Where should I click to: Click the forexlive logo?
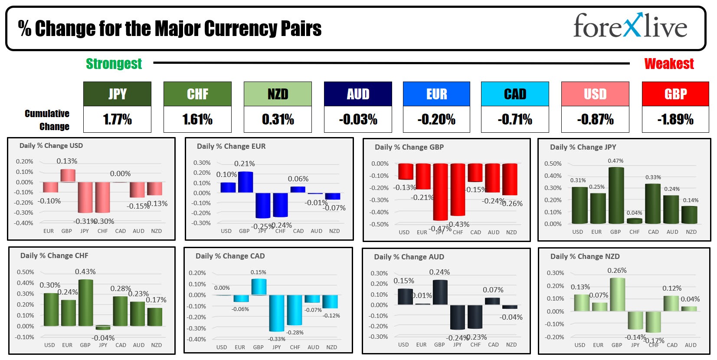point(630,26)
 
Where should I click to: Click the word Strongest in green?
point(114,64)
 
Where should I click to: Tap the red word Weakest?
point(669,64)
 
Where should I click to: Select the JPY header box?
point(117,94)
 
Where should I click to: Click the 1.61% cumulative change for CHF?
point(197,119)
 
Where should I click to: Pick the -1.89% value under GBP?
point(675,119)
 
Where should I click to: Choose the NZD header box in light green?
point(278,94)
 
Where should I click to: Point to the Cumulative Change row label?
point(47,120)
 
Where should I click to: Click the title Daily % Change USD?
point(51,146)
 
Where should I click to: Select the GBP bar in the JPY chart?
point(616,195)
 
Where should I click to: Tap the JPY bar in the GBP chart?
point(440,192)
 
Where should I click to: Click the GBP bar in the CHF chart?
point(85,303)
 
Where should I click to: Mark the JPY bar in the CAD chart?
point(276,313)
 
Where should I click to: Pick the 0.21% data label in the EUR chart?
point(245,164)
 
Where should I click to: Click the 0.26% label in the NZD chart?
point(617,270)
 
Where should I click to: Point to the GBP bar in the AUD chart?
point(440,292)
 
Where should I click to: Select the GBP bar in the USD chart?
point(68,175)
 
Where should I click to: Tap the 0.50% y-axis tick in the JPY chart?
point(553,164)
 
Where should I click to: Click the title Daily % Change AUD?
point(409,257)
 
